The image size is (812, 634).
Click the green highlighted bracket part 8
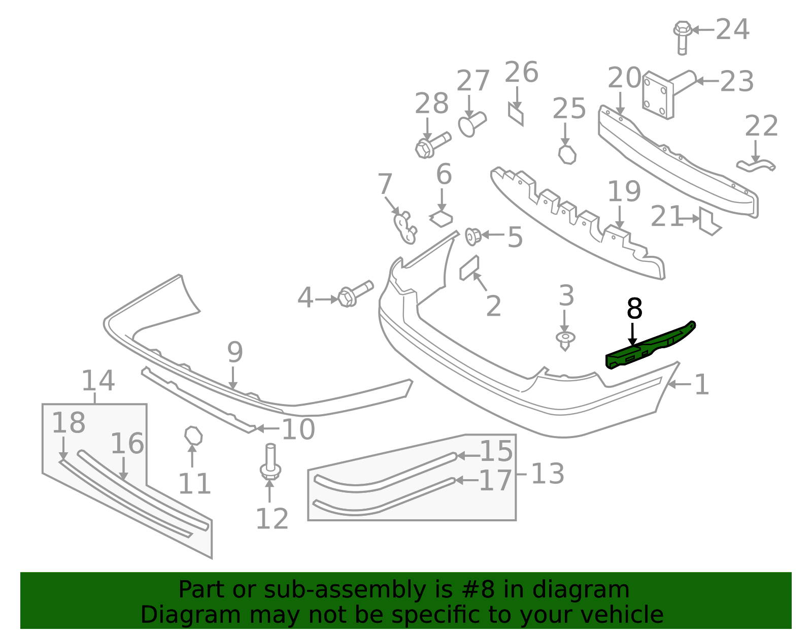click(650, 346)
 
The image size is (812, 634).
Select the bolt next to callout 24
click(683, 38)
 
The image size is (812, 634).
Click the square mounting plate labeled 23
click(658, 95)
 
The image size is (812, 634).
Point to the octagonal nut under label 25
click(567, 155)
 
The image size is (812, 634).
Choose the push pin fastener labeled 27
click(472, 124)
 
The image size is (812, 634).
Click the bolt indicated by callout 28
click(433, 145)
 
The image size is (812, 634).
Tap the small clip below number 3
click(565, 341)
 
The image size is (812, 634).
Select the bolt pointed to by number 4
click(355, 294)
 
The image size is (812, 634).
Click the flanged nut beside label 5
click(473, 237)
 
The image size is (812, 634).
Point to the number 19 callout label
click(624, 191)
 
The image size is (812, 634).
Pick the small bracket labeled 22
click(756, 166)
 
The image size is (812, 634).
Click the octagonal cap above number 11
click(193, 436)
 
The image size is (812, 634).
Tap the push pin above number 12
click(270, 462)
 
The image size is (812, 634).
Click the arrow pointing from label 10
click(267, 428)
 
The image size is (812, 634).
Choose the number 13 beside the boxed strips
click(548, 474)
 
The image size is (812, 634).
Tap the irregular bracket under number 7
click(405, 227)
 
